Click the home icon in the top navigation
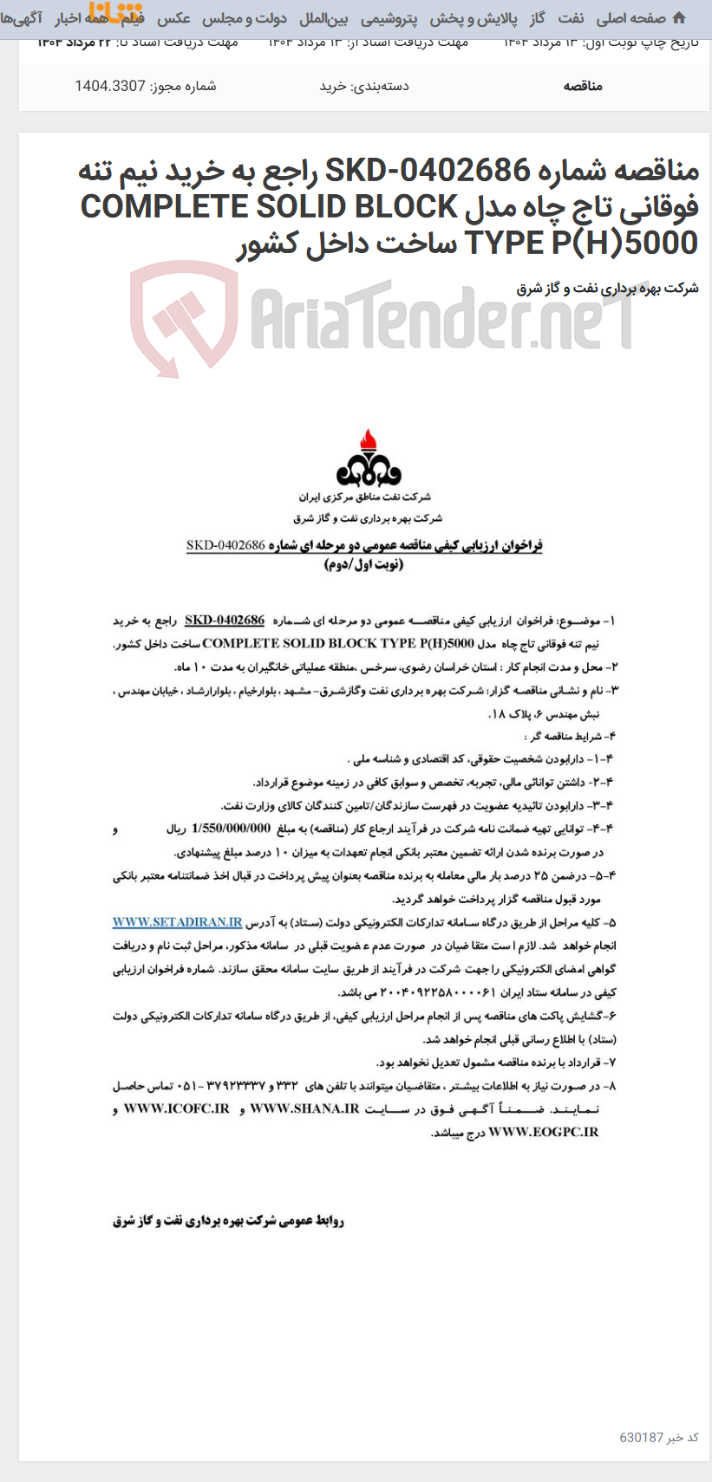678,18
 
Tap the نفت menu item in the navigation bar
570,18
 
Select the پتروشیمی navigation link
389,18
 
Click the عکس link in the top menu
173,18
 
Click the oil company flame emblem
369,458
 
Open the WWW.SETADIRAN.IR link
177,922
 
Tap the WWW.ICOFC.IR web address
176,1108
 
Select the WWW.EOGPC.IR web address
543,1132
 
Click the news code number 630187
641,1437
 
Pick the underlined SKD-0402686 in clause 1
225,621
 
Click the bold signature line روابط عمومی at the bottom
228,1221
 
